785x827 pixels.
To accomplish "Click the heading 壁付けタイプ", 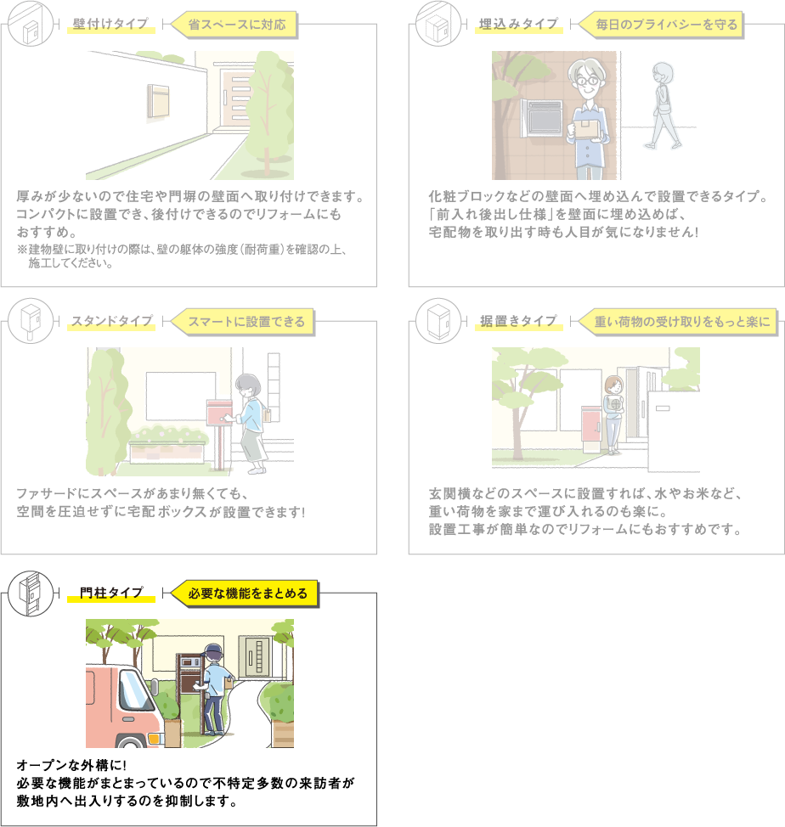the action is [x=110, y=24].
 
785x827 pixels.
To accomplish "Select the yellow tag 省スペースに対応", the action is [x=236, y=25].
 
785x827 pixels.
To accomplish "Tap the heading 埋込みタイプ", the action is [x=518, y=24].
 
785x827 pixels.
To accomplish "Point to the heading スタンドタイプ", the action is [x=111, y=321].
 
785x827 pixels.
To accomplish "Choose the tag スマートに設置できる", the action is [x=245, y=322].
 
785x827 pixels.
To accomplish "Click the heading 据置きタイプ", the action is [x=518, y=321].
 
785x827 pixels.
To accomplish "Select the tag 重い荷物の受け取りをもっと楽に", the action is [x=679, y=322].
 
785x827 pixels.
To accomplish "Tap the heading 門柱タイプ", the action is [x=111, y=593].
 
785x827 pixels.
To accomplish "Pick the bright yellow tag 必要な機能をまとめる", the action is [x=246, y=594].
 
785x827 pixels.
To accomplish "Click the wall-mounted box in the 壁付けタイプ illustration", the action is [x=158, y=101].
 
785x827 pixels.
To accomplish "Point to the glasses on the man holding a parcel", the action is [x=587, y=82].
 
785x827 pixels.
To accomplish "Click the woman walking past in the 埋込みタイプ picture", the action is [x=663, y=105].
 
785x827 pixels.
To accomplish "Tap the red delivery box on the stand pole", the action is [x=219, y=412].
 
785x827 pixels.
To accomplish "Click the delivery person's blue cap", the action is [x=212, y=651].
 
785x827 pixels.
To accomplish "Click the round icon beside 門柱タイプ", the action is [x=31, y=594].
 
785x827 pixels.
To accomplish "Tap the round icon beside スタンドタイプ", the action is [x=31, y=321].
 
